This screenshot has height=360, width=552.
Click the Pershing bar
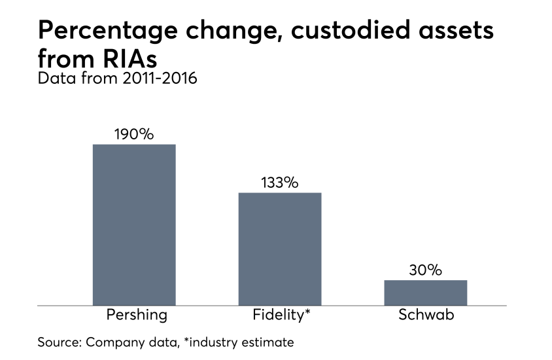pyautogui.click(x=134, y=225)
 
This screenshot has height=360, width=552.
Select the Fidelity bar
pyautogui.click(x=280, y=249)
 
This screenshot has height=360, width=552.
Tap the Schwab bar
pyautogui.click(x=425, y=293)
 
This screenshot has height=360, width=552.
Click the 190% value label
pyautogui.click(x=134, y=134)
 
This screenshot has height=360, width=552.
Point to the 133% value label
pyautogui.click(x=280, y=183)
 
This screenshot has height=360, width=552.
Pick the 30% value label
pyautogui.click(x=425, y=270)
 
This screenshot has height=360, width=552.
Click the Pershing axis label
pyautogui.click(x=137, y=315)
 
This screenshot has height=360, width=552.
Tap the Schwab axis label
pyautogui.click(x=426, y=315)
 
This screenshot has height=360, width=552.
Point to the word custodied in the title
pyautogui.click(x=357, y=31)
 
